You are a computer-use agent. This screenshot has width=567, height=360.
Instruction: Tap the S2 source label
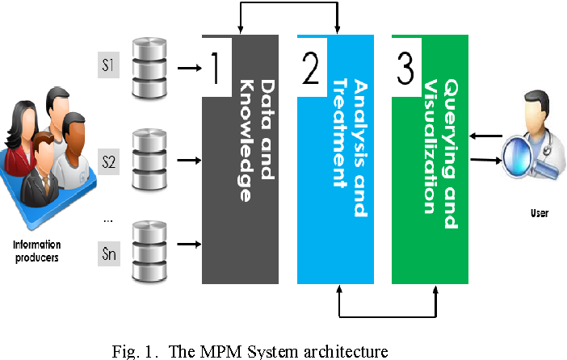(x=108, y=161)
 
